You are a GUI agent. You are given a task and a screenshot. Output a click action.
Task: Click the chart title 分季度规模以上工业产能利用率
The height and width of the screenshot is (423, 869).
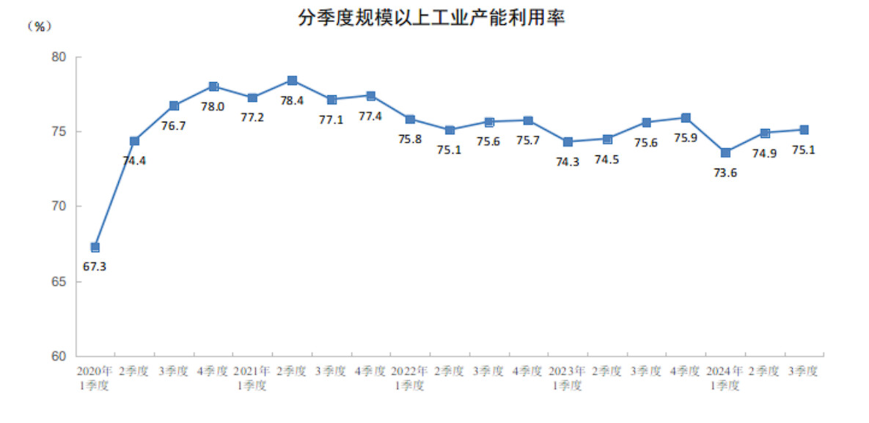(x=431, y=18)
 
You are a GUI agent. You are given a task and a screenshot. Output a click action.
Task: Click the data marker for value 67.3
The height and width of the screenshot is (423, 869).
(x=95, y=247)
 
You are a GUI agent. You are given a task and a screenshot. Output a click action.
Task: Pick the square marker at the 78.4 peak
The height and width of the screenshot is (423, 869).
(x=292, y=81)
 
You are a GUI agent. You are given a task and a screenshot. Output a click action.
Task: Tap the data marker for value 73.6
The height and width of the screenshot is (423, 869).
(x=725, y=152)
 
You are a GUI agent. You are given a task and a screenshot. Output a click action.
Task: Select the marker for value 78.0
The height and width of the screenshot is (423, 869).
(x=213, y=87)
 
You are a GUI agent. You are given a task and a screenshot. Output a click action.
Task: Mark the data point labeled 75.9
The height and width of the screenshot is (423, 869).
(x=686, y=118)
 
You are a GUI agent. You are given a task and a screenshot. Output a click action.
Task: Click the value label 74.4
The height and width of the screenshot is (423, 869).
(x=134, y=161)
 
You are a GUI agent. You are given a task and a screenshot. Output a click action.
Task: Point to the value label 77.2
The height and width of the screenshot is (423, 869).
(x=252, y=117)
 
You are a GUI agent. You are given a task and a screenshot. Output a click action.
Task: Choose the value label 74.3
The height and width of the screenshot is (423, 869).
(x=568, y=162)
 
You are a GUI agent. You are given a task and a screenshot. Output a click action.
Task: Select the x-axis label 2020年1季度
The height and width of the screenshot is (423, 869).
(x=95, y=378)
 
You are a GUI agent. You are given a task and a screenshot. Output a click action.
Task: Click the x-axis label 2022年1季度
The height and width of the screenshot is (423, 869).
(x=409, y=378)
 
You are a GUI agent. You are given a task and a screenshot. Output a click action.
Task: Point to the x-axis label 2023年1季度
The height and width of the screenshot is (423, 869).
(x=567, y=378)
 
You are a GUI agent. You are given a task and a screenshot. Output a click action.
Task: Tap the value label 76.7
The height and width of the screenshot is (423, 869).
(x=174, y=126)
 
